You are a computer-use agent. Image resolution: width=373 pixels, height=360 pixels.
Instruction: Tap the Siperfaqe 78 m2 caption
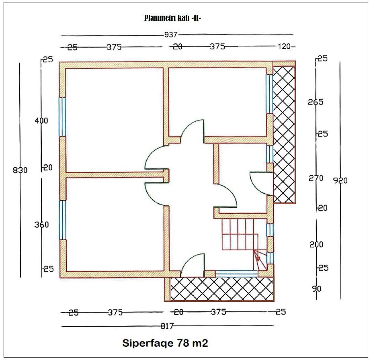click(165, 343)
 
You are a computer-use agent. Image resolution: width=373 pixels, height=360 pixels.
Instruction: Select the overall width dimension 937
click(171, 35)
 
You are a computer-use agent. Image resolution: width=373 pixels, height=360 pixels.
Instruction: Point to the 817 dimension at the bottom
click(167, 326)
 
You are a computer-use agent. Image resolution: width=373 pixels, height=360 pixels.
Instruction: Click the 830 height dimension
click(20, 170)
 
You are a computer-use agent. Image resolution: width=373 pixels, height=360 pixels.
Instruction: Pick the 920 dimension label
click(340, 180)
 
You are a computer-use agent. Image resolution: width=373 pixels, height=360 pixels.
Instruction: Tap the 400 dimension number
click(41, 121)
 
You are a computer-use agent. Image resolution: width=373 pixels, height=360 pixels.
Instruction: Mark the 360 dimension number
click(41, 225)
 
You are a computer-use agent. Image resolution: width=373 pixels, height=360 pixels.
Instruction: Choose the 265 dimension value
click(316, 102)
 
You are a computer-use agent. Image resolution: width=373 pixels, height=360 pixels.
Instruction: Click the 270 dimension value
click(316, 178)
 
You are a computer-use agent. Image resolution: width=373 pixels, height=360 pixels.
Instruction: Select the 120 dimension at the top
click(284, 47)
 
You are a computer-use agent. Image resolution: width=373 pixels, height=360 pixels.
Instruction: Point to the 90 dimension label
click(316, 288)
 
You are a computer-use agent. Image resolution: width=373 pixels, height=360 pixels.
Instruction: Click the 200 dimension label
click(316, 244)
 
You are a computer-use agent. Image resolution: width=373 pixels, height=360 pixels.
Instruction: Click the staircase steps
click(237, 234)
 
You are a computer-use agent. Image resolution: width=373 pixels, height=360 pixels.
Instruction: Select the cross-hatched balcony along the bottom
click(221, 289)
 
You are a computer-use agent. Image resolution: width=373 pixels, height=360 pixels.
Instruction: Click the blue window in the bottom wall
click(236, 274)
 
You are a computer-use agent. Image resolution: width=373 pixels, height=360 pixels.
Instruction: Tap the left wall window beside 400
click(62, 117)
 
